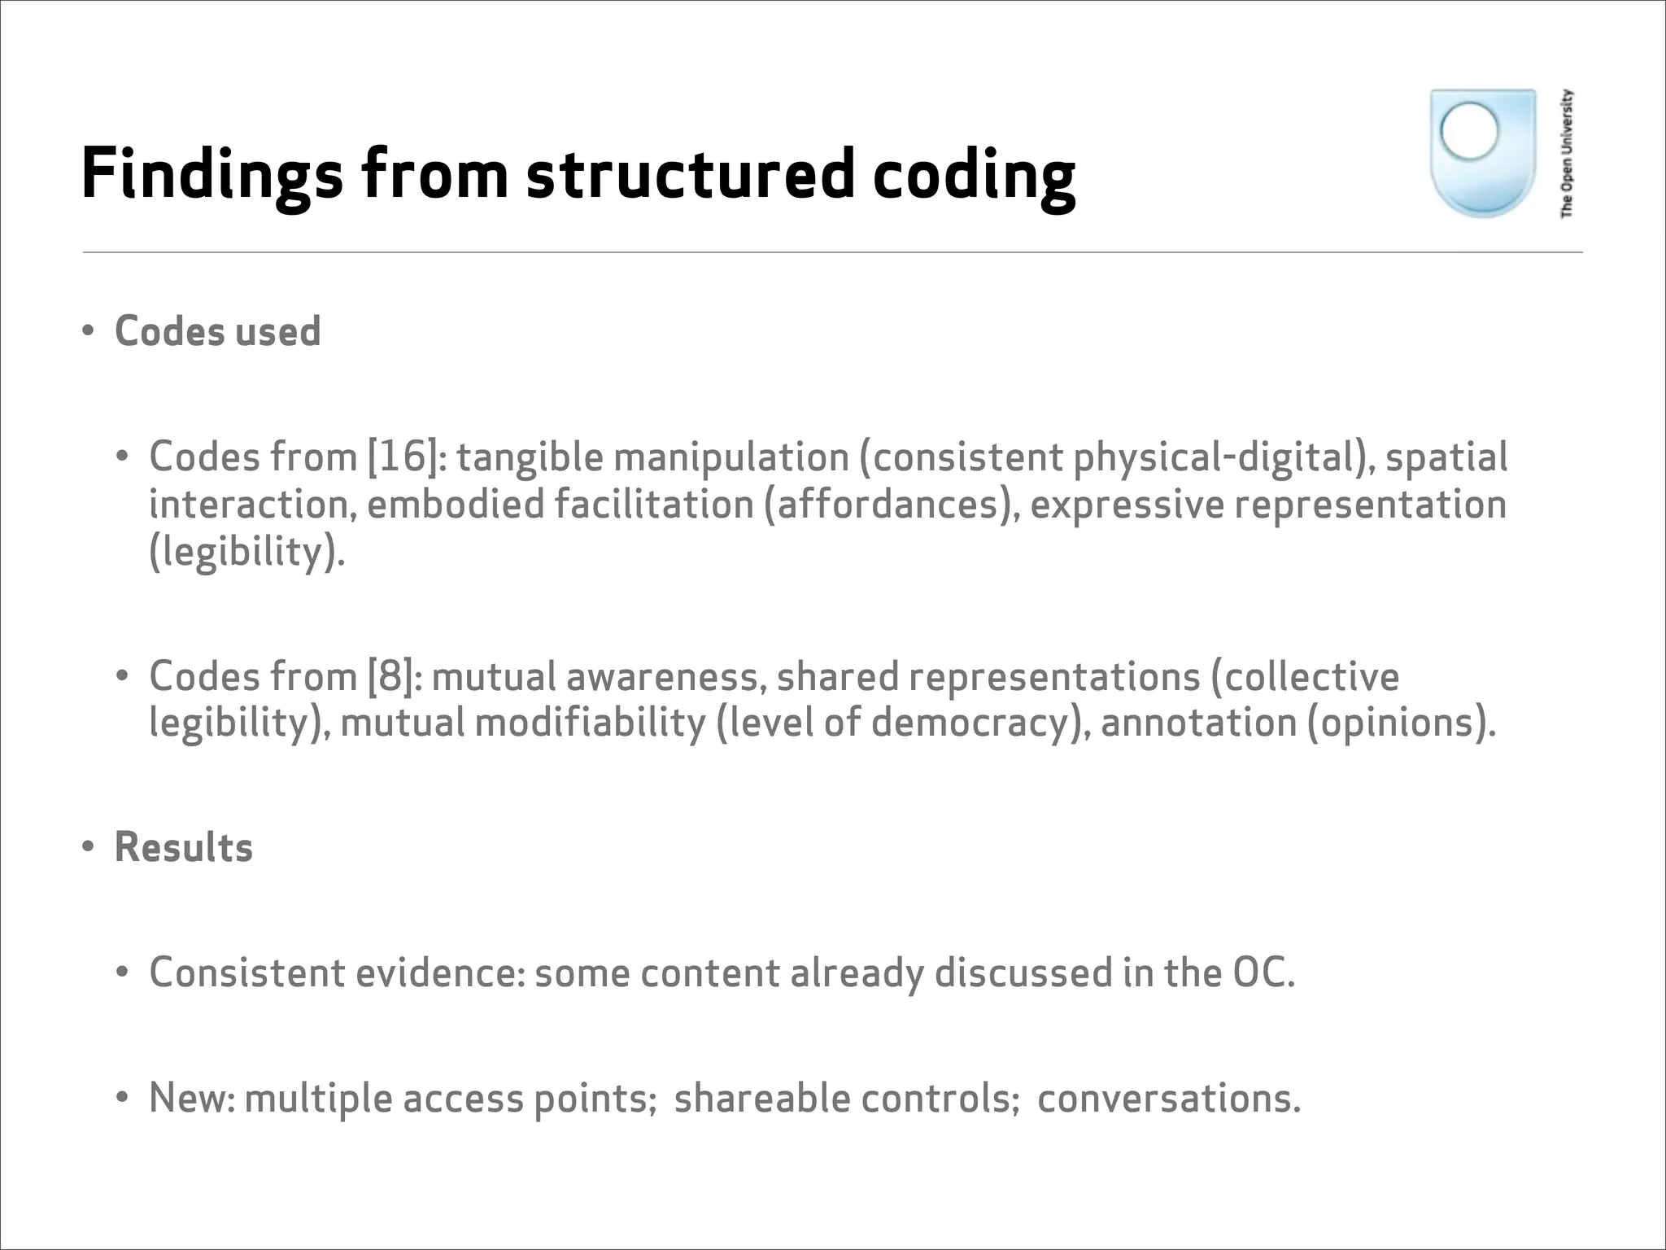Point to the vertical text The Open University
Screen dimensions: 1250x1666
tap(1567, 153)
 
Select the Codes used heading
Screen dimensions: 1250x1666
tap(217, 331)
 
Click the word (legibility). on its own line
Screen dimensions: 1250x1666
tap(246, 552)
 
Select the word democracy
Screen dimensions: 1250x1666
tap(974, 723)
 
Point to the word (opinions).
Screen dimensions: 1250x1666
tap(1401, 723)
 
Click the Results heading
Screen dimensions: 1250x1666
tap(184, 847)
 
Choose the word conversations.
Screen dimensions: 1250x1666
tap(1168, 1098)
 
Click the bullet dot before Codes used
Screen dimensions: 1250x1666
tap(88, 331)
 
